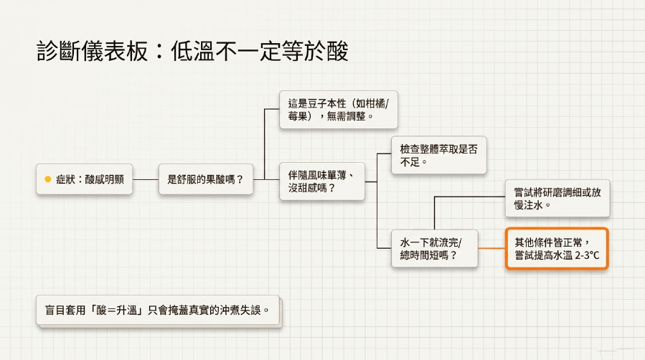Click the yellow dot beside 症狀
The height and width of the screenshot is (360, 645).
[48, 179]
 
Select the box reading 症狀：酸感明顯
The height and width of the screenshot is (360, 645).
[85, 179]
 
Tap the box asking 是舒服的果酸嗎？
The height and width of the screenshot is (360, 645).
[206, 179]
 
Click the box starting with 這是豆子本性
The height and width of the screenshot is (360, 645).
[339, 110]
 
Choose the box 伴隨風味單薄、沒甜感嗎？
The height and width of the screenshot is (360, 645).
[322, 181]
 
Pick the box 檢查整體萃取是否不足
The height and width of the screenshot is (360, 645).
[439, 156]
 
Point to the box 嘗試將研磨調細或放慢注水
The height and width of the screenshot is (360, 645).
[557, 199]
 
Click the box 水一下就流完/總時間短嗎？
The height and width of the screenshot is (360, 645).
[434, 249]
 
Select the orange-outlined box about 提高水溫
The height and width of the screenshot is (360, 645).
[557, 249]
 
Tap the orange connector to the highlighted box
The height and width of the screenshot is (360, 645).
[491, 248]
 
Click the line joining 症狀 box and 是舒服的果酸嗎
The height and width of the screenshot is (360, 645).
[146, 179]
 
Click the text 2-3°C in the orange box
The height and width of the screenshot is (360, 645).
[587, 255]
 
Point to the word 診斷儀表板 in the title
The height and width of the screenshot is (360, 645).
[92, 51]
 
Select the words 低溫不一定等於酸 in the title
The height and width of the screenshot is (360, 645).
[260, 51]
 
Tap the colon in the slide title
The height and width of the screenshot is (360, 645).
[159, 52]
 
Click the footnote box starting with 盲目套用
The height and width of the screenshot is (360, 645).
[158, 310]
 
